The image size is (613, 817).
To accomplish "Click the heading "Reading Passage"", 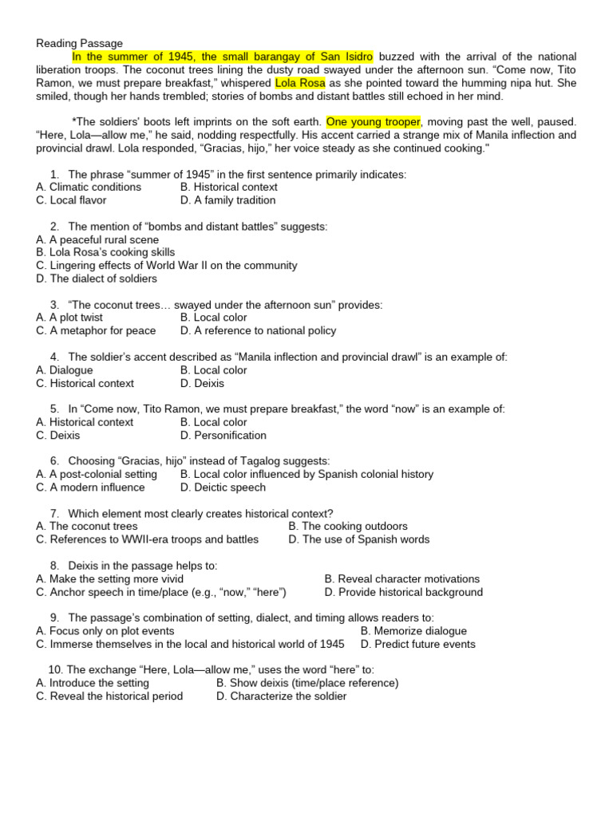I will click(80, 43).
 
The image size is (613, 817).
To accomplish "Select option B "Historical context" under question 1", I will click(230, 187).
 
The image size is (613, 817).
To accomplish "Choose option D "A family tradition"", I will click(228, 200).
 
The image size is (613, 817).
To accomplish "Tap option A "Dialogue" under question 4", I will click(65, 370).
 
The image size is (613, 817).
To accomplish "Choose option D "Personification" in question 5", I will click(223, 435).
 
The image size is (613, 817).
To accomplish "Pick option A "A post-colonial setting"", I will click(97, 474).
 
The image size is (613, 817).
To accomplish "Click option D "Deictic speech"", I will click(223, 487).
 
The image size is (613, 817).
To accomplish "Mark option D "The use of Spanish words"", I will click(359, 539).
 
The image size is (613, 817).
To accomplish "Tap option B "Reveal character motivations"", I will click(402, 578).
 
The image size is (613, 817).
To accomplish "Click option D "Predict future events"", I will click(417, 644).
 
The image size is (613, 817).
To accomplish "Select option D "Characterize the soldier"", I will click(282, 696).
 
